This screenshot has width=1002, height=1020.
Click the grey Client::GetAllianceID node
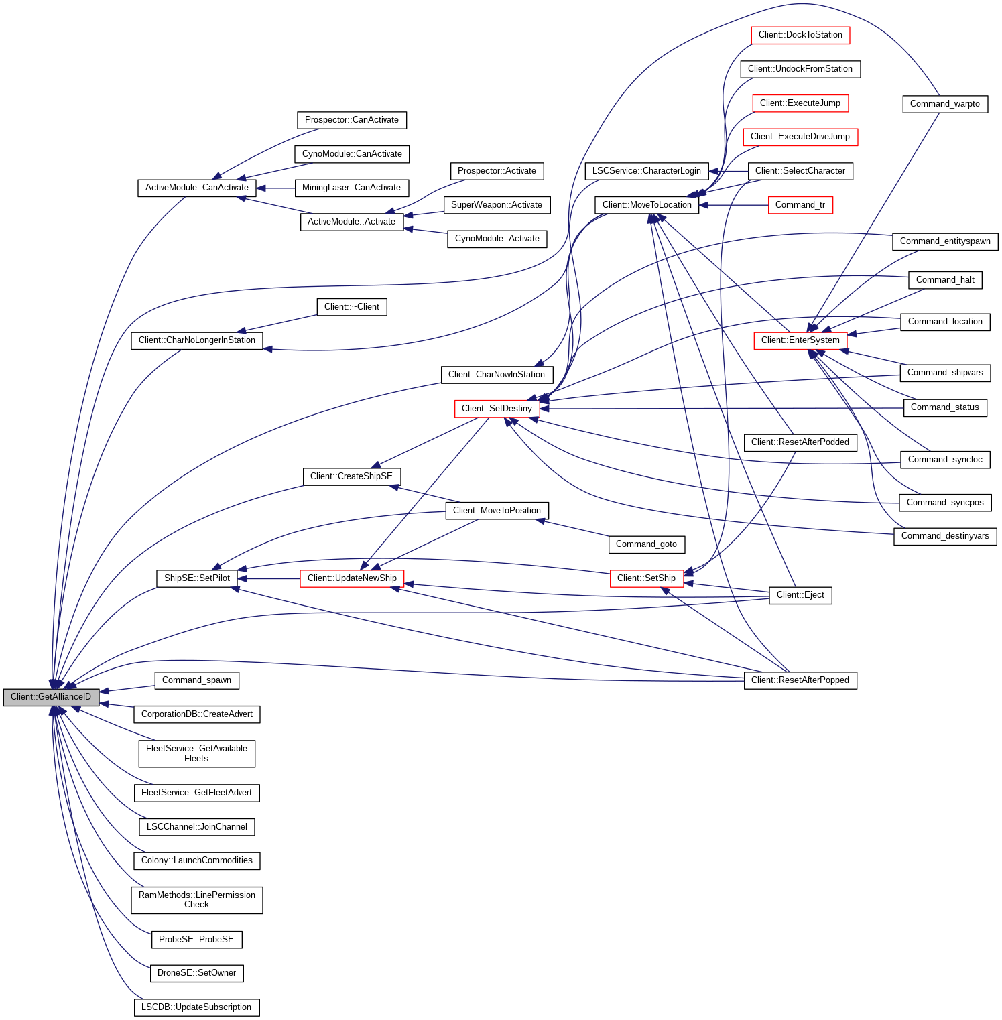click(x=51, y=697)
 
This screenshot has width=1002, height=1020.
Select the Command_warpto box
click(x=944, y=104)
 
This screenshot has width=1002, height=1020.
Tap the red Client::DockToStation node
click(x=800, y=35)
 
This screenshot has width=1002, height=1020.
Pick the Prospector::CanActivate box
click(x=351, y=120)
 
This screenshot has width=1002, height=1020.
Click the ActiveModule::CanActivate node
click(x=196, y=188)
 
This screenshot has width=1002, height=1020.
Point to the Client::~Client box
click(x=351, y=307)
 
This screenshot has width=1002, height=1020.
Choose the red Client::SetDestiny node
click(x=497, y=409)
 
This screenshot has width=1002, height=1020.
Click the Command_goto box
click(x=646, y=544)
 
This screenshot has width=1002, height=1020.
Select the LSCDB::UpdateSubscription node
click(x=196, y=1007)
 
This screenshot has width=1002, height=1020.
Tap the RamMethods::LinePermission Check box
click(x=196, y=900)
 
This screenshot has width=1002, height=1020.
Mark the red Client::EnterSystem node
click(x=800, y=340)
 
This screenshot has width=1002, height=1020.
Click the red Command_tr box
click(x=800, y=205)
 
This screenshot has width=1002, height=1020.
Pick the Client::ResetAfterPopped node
click(x=800, y=680)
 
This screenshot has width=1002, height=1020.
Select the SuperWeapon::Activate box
click(x=497, y=205)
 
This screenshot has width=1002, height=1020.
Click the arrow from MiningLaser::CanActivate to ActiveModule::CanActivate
click(x=275, y=188)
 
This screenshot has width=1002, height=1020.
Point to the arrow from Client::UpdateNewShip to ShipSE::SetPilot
click(x=268, y=578)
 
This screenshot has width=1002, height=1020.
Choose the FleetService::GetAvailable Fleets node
click(x=196, y=753)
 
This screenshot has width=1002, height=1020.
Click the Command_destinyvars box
click(x=945, y=536)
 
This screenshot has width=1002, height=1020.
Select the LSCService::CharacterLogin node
click(x=646, y=171)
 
